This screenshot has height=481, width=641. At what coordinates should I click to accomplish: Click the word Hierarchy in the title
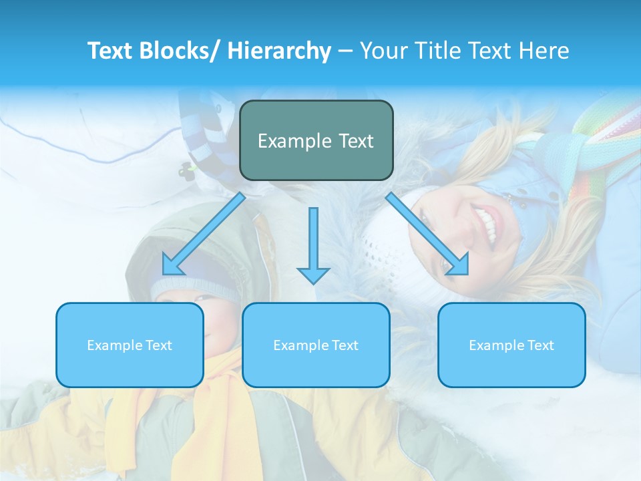click(x=279, y=51)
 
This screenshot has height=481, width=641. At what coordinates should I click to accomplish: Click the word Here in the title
click(x=544, y=51)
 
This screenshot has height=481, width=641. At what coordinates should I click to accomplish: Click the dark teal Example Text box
click(x=316, y=140)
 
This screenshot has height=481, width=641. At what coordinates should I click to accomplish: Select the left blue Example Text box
click(x=130, y=345)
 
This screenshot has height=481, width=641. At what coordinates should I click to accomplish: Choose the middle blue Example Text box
click(x=316, y=345)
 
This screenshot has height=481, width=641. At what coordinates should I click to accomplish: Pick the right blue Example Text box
click(x=511, y=345)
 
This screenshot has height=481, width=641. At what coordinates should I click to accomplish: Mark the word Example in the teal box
click(x=285, y=141)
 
